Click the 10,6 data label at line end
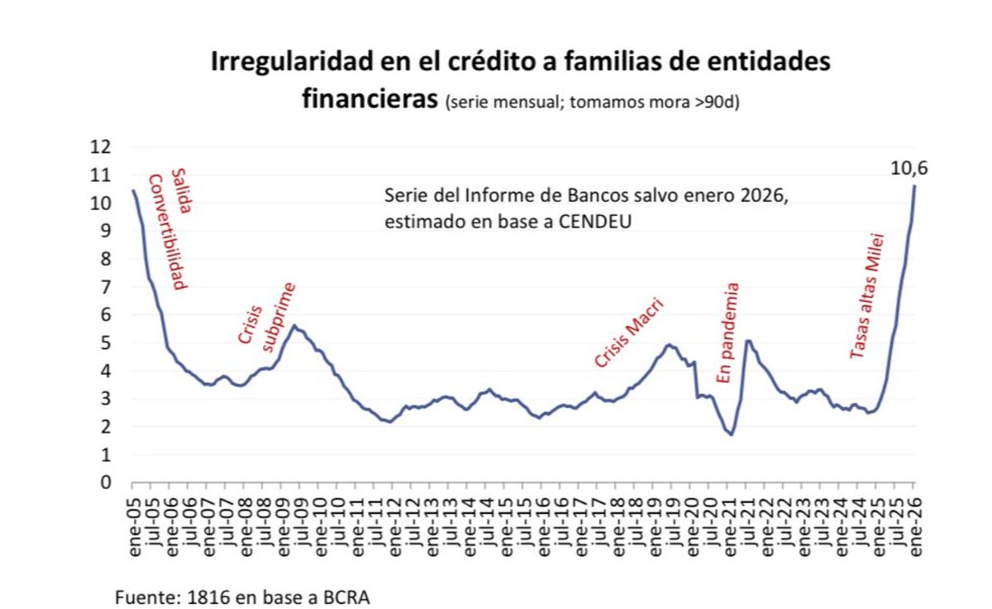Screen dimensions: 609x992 (909, 169)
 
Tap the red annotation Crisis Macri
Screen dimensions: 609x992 (630, 334)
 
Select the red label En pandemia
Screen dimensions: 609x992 (727, 333)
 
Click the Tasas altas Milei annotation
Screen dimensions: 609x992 (867, 296)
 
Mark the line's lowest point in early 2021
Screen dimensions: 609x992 (732, 434)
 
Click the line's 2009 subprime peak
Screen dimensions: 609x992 (294, 326)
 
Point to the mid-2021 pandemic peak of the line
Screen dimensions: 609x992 (748, 340)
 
